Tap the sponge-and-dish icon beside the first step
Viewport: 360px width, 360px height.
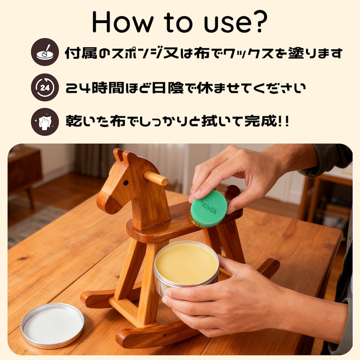[x=45, y=52]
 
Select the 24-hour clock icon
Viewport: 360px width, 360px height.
[x=45, y=87]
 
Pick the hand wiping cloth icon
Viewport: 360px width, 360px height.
[x=45, y=121]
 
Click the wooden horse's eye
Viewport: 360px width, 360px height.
[x=126, y=183]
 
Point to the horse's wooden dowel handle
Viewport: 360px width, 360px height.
[x=156, y=178]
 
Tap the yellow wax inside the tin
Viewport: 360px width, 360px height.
[x=187, y=264]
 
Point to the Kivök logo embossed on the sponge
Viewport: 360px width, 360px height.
[x=209, y=208]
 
